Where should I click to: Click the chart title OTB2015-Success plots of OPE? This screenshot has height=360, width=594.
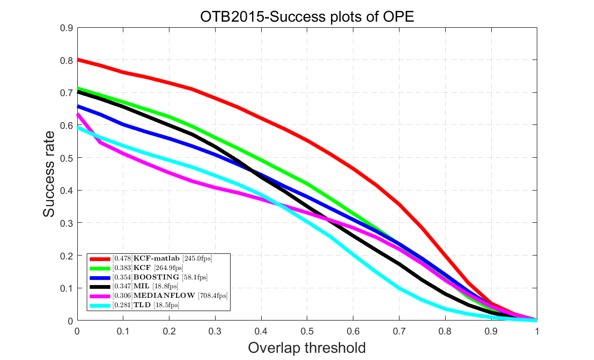[x=307, y=17]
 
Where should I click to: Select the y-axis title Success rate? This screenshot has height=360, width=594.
[x=49, y=174]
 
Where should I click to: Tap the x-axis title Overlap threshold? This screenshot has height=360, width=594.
[x=307, y=348]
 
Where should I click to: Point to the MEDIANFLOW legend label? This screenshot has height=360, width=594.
[x=161, y=296]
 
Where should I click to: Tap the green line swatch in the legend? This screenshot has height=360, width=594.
[x=99, y=268]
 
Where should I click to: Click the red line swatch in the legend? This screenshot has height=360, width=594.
[x=99, y=258]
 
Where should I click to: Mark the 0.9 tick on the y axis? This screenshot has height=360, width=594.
[x=67, y=27]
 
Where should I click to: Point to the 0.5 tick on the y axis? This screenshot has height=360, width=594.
[x=67, y=158]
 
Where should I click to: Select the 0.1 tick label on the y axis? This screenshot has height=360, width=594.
[x=67, y=288]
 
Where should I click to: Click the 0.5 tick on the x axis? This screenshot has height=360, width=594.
[x=307, y=331]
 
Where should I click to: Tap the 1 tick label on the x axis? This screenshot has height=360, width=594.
[x=536, y=331]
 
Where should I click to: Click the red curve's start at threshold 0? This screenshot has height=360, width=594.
[x=78, y=59]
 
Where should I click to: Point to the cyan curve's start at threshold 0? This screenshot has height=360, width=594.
[x=78, y=127]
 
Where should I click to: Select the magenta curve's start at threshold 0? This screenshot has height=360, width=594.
[x=78, y=114]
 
